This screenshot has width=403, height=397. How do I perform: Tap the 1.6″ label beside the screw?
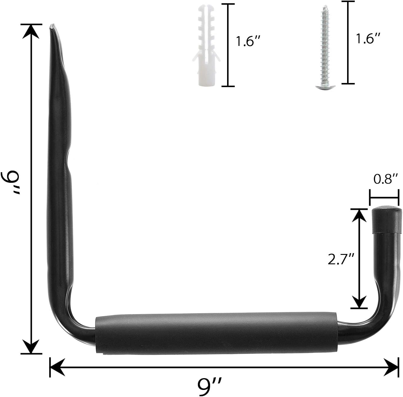point(368,39)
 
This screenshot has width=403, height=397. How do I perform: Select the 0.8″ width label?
point(385,179)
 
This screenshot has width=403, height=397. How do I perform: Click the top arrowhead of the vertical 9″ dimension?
point(31,31)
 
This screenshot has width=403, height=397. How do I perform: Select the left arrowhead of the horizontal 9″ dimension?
point(57,367)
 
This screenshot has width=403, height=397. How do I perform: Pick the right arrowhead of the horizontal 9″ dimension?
point(391,367)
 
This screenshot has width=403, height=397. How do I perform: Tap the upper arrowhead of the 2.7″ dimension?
point(359,215)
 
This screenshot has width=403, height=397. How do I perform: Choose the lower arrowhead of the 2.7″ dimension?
point(359,302)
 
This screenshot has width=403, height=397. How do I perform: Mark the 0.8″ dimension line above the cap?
point(384,198)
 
